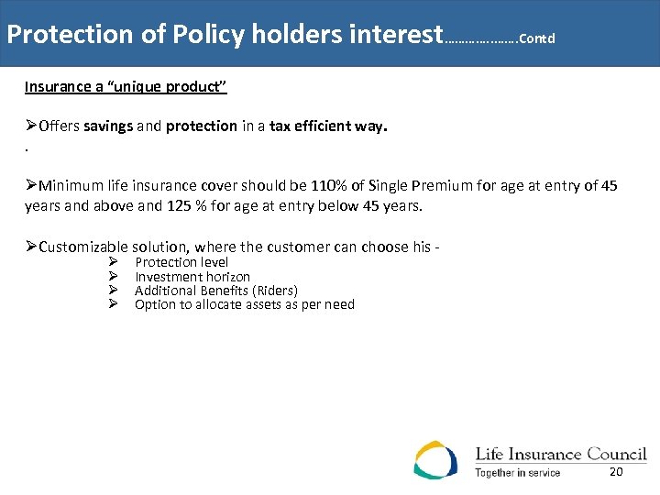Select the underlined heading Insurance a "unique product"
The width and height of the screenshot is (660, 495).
(126, 87)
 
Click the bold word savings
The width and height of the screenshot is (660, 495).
(108, 126)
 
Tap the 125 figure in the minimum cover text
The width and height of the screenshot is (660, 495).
(179, 205)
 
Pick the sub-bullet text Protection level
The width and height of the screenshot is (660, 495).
(181, 262)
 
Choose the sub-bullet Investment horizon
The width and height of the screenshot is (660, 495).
(192, 276)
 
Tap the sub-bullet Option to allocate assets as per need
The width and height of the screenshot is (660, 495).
(245, 304)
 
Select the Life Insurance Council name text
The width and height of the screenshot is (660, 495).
(560, 454)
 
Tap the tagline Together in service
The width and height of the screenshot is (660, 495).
(517, 473)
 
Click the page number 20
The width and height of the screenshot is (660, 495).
(616, 471)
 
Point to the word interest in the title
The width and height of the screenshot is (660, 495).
(396, 35)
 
